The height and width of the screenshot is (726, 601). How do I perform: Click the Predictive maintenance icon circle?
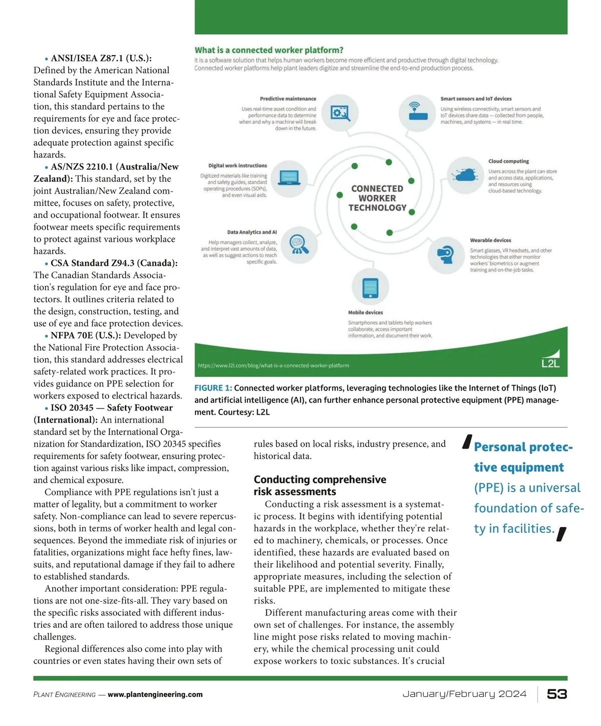pyautogui.click(x=340, y=113)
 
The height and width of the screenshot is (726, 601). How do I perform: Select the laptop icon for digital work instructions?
pyautogui.click(x=289, y=178)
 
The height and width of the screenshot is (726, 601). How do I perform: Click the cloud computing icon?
pyautogui.click(x=465, y=175)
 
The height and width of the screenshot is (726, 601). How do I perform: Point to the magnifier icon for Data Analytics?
pyautogui.click(x=299, y=244)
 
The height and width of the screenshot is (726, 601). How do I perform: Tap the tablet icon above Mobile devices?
pyautogui.click(x=370, y=287)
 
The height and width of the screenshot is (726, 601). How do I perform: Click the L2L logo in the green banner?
pyautogui.click(x=550, y=359)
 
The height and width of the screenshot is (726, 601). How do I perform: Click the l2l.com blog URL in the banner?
pyautogui.click(x=273, y=366)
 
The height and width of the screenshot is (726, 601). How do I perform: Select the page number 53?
pyautogui.click(x=557, y=694)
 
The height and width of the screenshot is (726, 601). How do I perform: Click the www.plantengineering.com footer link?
pyautogui.click(x=155, y=694)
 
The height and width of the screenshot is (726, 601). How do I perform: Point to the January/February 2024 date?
pyautogui.click(x=464, y=694)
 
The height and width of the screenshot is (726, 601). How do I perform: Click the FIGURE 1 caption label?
pyautogui.click(x=213, y=388)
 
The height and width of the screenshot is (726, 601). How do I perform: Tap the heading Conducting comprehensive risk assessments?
pyautogui.click(x=320, y=485)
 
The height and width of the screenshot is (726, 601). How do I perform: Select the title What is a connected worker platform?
pyautogui.click(x=269, y=50)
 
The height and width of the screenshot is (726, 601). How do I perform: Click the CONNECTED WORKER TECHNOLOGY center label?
pyautogui.click(x=377, y=198)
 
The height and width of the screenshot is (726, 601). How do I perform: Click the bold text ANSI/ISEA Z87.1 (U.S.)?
pyautogui.click(x=101, y=58)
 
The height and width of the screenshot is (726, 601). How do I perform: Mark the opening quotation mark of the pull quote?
pyautogui.click(x=467, y=442)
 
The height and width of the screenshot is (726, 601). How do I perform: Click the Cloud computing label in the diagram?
pyautogui.click(x=508, y=161)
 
